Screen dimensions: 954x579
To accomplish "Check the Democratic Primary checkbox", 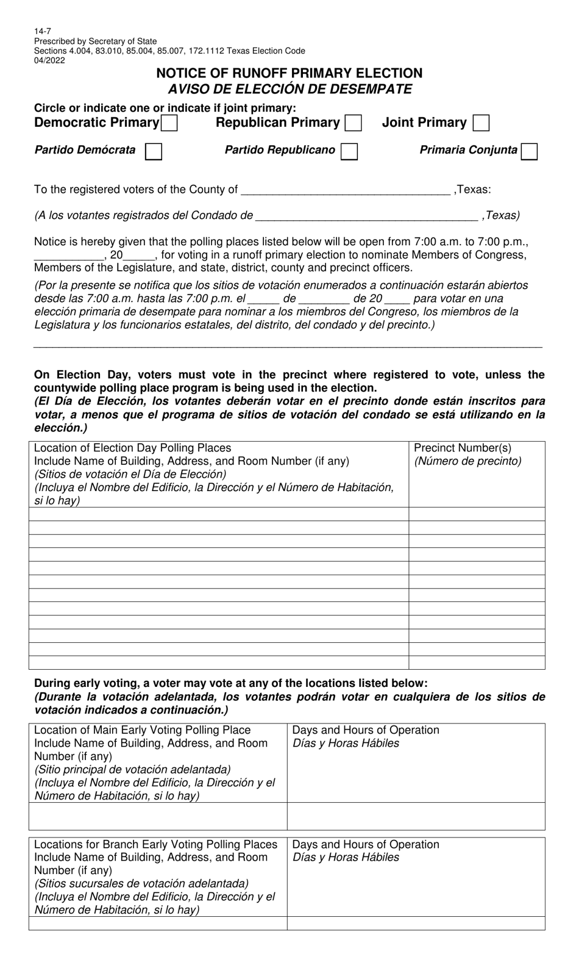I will [169, 123].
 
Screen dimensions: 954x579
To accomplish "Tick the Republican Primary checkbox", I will [353, 123].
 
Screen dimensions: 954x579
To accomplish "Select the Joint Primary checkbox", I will [481, 123].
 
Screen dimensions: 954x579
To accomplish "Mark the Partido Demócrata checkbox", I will [154, 151].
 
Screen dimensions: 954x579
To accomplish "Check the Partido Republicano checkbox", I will [349, 151].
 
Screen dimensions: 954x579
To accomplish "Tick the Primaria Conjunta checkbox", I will [529, 151].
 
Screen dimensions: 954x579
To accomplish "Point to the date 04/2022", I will [49, 60].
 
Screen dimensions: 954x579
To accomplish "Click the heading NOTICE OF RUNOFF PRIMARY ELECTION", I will [289, 73].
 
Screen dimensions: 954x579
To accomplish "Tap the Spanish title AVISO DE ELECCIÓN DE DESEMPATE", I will [289, 89].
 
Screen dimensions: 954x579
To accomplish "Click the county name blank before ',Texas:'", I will [345, 190].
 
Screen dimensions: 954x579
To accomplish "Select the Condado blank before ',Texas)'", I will [366, 215].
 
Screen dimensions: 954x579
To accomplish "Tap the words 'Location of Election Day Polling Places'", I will [132, 448].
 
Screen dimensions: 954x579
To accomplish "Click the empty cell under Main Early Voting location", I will [158, 816].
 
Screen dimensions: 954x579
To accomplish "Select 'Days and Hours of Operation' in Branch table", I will [366, 844].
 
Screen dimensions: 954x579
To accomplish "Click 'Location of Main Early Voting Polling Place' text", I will [142, 730].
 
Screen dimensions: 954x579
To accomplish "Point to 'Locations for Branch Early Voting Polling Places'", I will [155, 844].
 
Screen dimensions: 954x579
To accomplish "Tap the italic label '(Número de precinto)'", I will [467, 461].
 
